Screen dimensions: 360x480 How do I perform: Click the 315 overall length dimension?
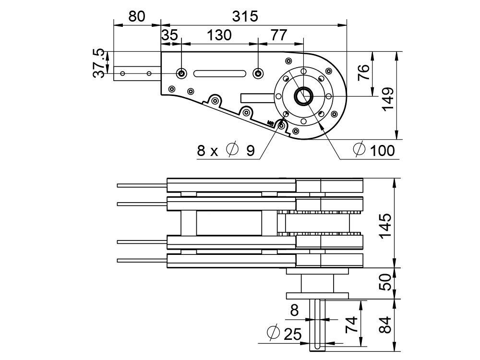245,16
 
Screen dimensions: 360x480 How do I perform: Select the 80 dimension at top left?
137,16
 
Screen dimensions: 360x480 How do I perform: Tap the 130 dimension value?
219,35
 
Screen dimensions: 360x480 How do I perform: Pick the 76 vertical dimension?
364,73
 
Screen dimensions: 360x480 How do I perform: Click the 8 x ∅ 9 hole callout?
226,151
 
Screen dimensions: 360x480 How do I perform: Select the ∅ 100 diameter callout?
374,150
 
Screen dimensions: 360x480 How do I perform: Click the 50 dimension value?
386,283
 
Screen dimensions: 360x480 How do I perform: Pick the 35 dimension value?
169,35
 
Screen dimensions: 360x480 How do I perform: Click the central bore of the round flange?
303,96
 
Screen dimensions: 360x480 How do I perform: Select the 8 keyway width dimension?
294,311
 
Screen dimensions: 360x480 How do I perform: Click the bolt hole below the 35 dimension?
181,73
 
